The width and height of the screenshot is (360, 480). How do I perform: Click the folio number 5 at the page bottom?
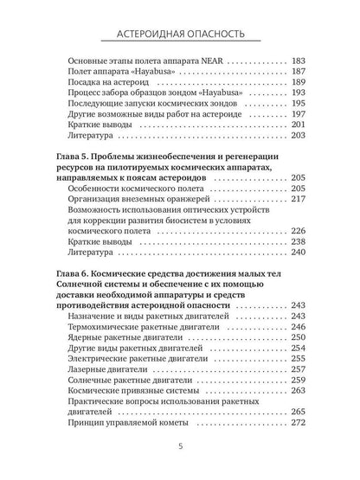pos(179,447)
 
